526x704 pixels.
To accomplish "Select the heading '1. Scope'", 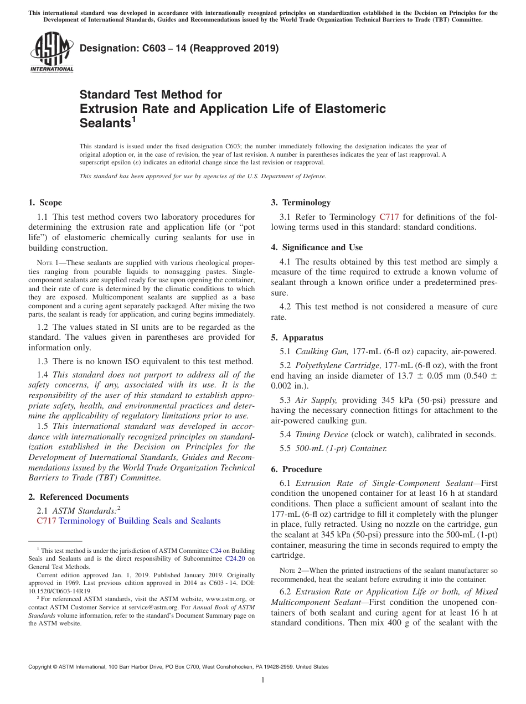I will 45,203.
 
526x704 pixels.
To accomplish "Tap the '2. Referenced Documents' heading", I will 79,497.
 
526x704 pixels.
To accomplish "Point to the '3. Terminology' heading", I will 301,203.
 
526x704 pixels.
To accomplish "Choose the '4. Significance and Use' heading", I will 317,247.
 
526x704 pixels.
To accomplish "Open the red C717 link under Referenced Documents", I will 47,521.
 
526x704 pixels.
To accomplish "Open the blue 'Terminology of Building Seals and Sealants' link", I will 140,521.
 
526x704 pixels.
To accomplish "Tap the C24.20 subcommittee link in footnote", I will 239,559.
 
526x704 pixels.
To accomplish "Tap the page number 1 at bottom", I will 263,680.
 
